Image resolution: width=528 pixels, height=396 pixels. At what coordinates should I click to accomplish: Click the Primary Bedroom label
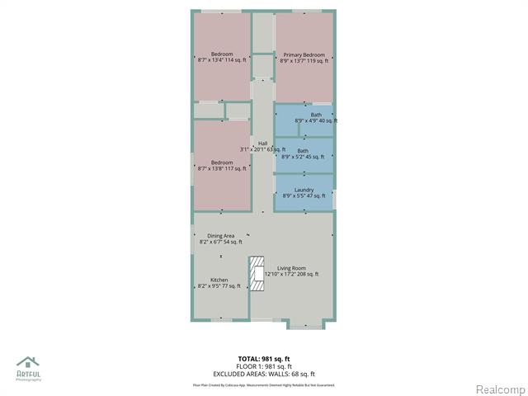point(304,55)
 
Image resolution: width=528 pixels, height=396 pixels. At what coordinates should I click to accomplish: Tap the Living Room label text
point(291,268)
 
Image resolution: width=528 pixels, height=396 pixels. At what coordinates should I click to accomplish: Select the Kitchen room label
point(219,280)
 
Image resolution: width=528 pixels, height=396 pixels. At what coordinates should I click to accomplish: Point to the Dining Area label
point(221,236)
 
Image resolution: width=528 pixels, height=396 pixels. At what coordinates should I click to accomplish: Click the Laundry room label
point(304,190)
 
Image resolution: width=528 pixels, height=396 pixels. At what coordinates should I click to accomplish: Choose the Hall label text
point(262,144)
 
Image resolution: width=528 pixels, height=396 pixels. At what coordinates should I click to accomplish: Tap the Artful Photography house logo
point(28,362)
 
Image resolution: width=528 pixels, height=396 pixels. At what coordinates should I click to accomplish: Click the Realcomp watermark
point(499,389)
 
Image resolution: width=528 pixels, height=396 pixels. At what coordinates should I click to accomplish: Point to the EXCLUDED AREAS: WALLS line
point(264,374)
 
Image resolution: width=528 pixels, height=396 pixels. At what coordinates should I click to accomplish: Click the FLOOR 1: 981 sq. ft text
point(264,366)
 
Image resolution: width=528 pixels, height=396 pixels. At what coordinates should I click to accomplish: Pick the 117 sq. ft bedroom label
point(222,168)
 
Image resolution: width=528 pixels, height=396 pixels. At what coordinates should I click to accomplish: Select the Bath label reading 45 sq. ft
point(304,157)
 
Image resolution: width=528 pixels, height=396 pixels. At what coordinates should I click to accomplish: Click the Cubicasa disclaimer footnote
point(264,384)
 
